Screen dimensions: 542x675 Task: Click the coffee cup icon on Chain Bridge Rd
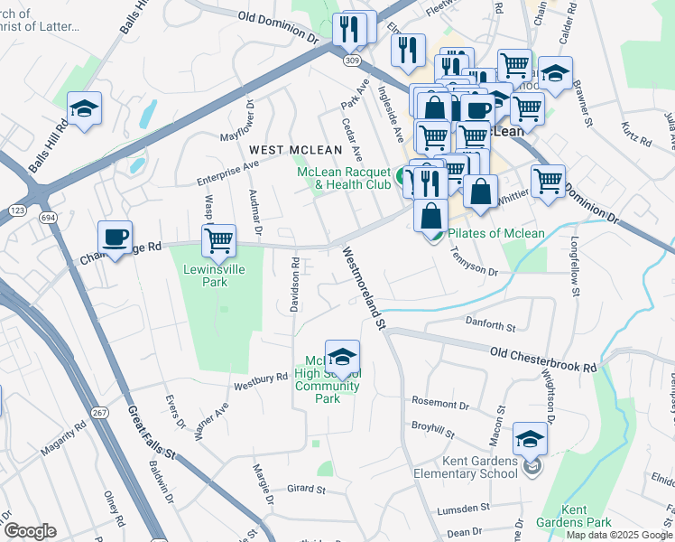115,238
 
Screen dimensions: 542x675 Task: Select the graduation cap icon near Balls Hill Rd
84,109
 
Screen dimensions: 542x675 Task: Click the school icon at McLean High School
342,357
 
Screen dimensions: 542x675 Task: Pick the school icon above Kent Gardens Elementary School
530,440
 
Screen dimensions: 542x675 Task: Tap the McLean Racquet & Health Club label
344,179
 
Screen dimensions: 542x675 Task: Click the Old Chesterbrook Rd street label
543,360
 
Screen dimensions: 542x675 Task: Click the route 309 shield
351,60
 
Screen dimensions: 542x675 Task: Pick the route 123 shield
16,210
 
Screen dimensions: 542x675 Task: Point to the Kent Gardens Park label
586,516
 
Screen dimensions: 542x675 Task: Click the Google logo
30,531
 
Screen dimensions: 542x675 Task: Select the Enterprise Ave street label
228,168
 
